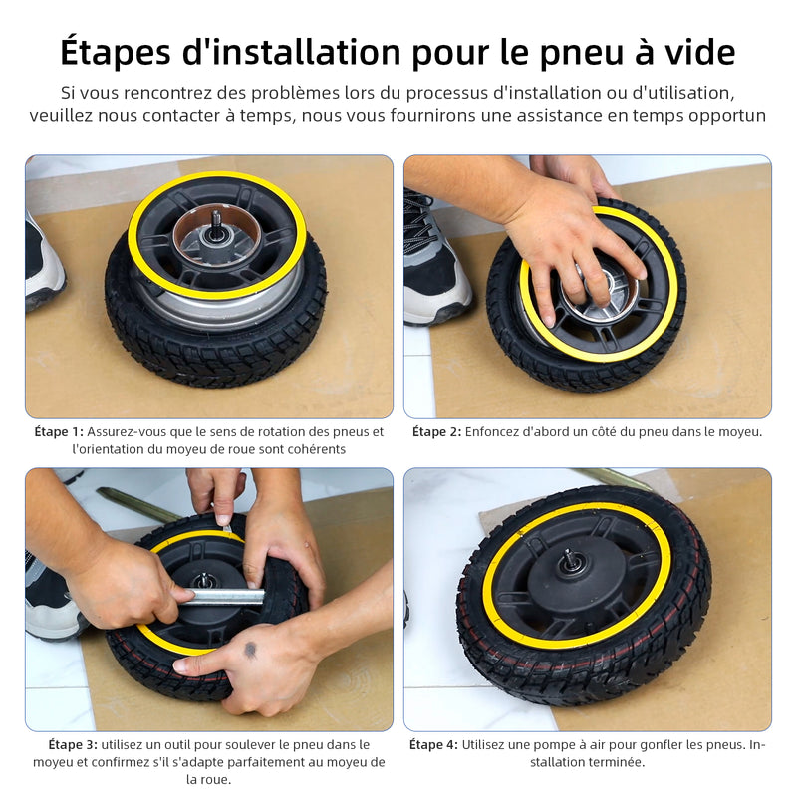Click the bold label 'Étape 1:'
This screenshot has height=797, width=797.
coord(59,432)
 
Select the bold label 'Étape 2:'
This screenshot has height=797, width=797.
coord(437,432)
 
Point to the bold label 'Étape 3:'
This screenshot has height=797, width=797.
coord(73,744)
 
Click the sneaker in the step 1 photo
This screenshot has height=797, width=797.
coord(44,264)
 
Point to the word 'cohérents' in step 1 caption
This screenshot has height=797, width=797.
coord(315,449)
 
